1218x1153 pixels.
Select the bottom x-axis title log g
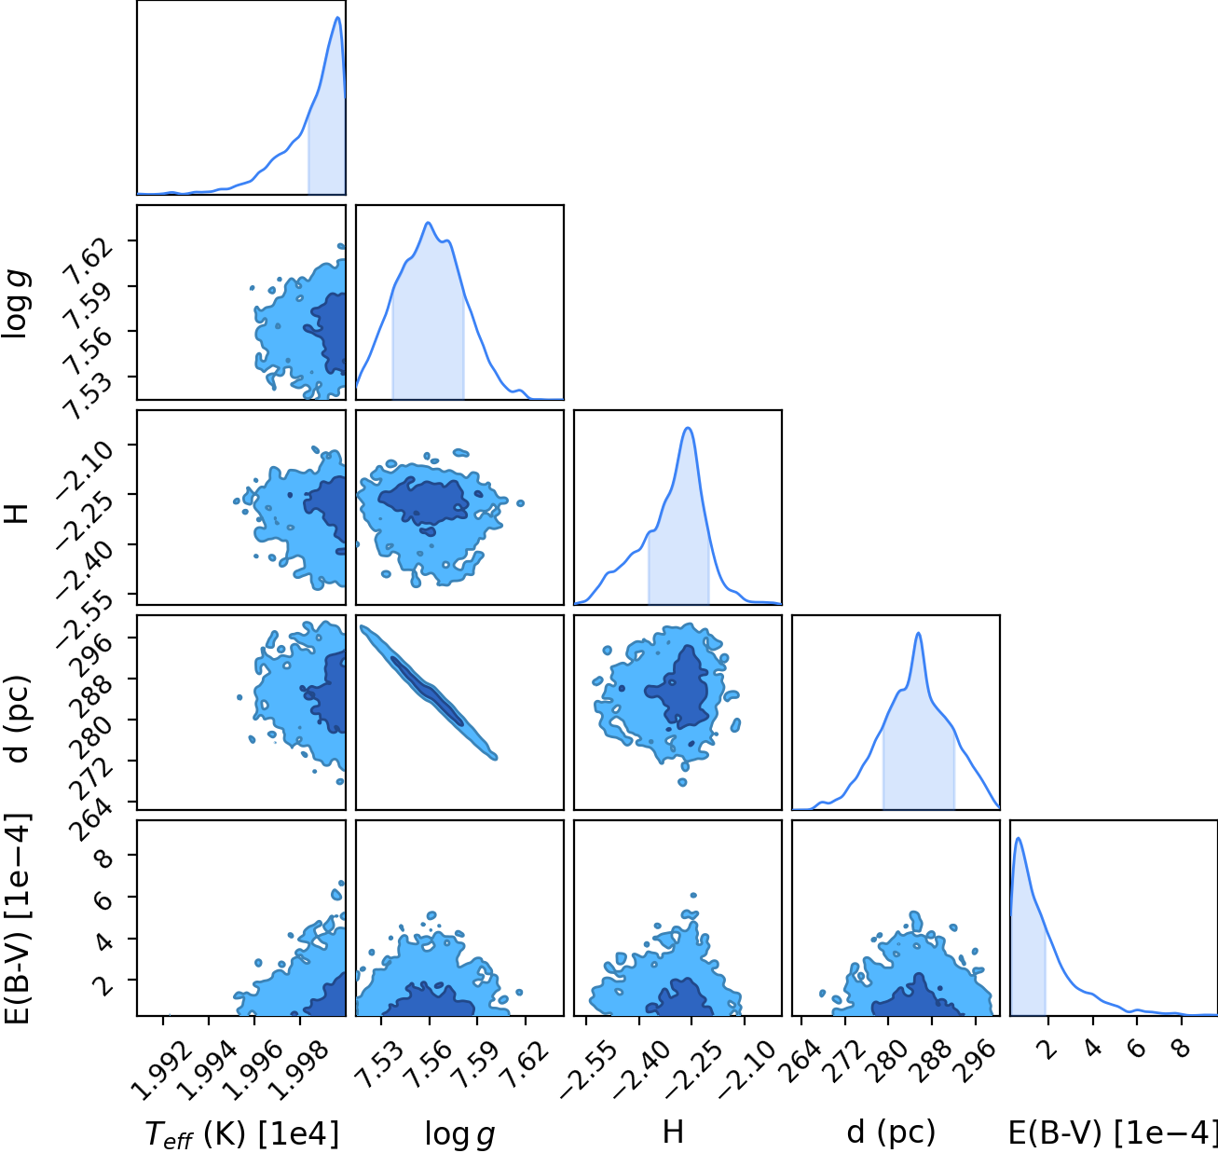click(459, 1134)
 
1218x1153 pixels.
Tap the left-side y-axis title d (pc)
click(19, 719)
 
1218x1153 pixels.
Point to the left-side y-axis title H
click(17, 514)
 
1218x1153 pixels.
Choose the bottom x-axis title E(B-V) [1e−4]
click(1113, 1132)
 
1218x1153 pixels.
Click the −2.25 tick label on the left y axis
click(85, 520)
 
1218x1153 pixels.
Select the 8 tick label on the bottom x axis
click(1181, 1048)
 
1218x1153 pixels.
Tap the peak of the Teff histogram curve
click(337, 17)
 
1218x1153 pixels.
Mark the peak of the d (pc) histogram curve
click(918, 633)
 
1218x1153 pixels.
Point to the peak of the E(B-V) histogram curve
click(1018, 838)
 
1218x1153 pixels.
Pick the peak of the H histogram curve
click(688, 428)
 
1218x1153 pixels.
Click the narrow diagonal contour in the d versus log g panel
click(429, 692)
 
